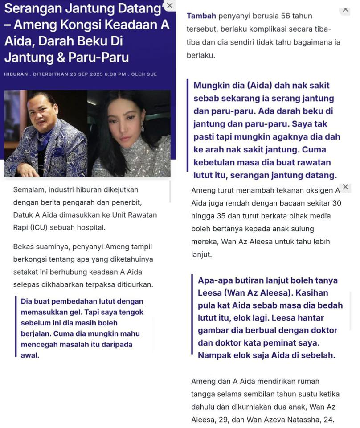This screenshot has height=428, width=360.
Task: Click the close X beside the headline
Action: pyautogui.click(x=169, y=6)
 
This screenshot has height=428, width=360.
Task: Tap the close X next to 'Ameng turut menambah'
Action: pyautogui.click(x=345, y=187)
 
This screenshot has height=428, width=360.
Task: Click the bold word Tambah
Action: pyautogui.click(x=201, y=16)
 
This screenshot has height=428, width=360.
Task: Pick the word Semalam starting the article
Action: pyautogui.click(x=29, y=189)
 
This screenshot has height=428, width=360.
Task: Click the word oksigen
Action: pyautogui.click(x=314, y=190)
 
